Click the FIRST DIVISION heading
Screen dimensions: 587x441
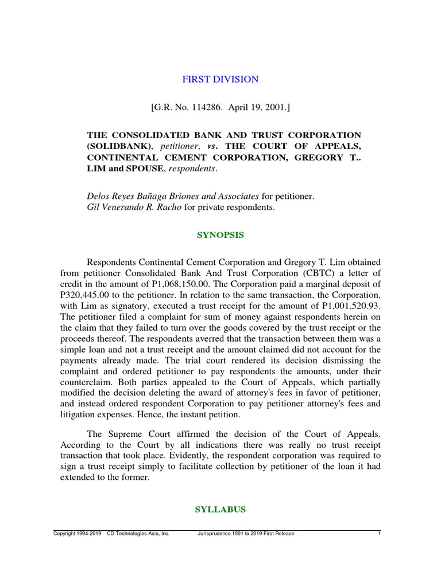[220, 80]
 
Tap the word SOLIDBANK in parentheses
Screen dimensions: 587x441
[113, 146]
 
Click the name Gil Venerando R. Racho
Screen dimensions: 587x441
[133, 208]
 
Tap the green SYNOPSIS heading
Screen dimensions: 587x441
[220, 235]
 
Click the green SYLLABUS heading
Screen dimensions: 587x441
[220, 509]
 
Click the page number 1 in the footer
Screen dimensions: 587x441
[380, 534]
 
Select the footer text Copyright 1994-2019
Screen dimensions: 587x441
[78, 534]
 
